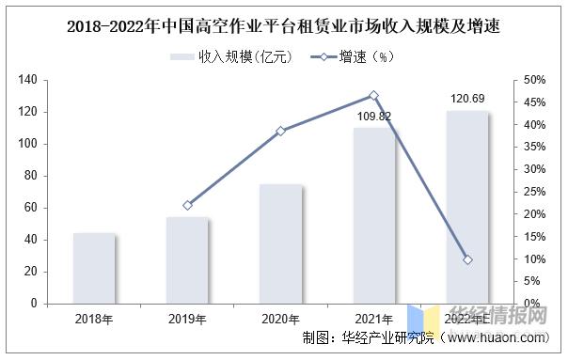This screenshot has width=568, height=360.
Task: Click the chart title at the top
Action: click(283, 26)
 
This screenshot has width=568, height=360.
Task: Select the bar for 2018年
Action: click(94, 268)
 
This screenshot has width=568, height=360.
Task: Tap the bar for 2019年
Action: click(187, 260)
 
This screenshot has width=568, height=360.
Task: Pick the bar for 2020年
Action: click(280, 244)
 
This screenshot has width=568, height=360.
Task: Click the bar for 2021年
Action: click(373, 216)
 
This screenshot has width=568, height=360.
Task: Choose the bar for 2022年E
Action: click(466, 208)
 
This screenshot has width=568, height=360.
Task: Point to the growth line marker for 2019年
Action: click(187, 205)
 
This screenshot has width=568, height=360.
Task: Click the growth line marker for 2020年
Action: click(280, 131)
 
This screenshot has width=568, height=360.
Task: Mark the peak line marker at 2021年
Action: click(373, 95)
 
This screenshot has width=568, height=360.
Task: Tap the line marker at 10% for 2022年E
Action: click(466, 259)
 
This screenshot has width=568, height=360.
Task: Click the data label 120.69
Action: click(466, 98)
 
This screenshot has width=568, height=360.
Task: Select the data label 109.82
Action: click(373, 117)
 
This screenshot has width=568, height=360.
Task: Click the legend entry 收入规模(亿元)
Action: click(231, 57)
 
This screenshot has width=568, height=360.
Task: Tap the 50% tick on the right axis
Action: click(531, 81)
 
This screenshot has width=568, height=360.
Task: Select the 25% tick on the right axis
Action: click(531, 192)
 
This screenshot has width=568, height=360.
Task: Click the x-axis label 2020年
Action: click(280, 320)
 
